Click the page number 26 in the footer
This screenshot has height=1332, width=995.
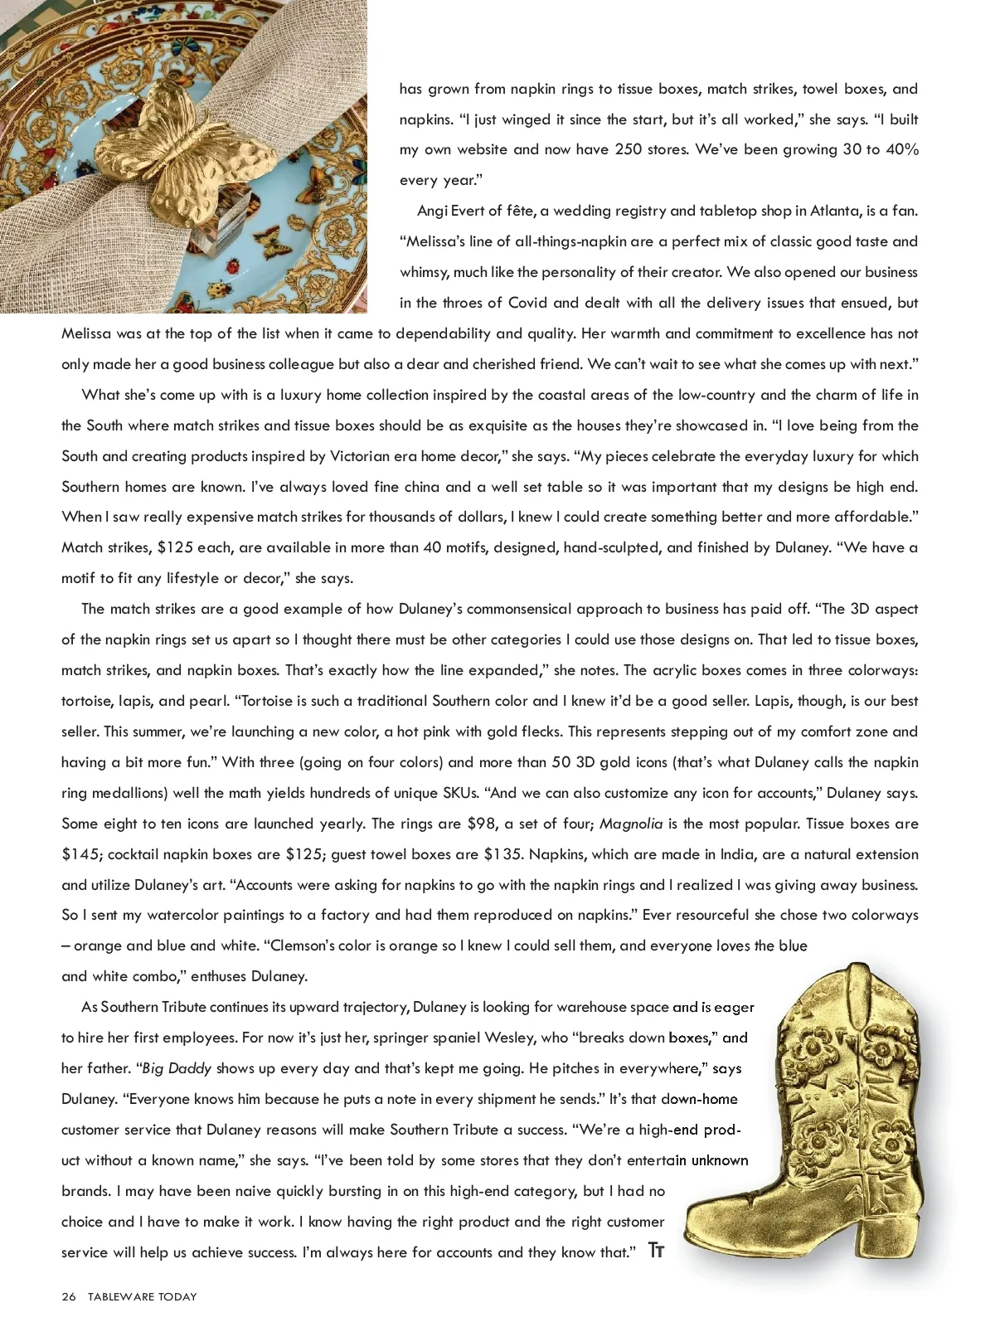68,1296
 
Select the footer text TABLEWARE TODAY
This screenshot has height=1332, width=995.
143,1296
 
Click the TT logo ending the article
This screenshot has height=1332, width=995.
656,1251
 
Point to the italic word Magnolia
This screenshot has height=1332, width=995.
631,824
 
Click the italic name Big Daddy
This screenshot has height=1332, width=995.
177,1068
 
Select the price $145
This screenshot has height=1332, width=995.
80,854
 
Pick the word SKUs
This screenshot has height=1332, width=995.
454,793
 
